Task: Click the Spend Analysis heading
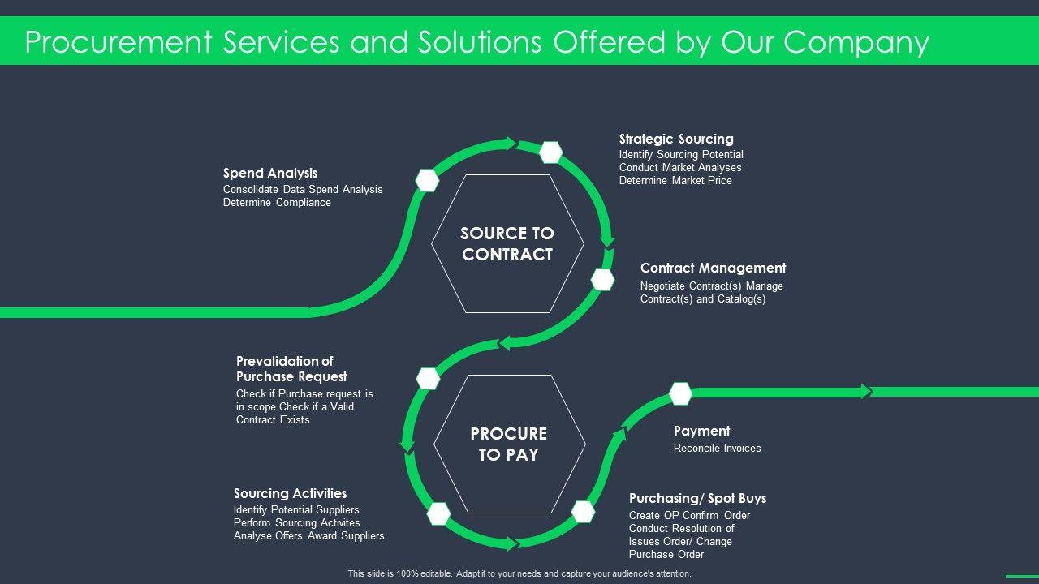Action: [x=270, y=173]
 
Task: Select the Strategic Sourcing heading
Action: [x=676, y=139]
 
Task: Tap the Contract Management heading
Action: [x=713, y=268]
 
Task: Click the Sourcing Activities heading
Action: [x=290, y=493]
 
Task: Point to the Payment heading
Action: [x=701, y=431]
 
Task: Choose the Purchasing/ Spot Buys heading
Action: [x=697, y=498]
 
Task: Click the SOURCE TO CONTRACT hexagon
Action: [x=507, y=243]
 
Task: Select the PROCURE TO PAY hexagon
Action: [x=509, y=444]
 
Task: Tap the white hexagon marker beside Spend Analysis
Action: [x=428, y=180]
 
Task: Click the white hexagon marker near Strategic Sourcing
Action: [x=551, y=152]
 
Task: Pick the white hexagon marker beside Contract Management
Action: [x=602, y=279]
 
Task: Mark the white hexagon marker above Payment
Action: [x=680, y=393]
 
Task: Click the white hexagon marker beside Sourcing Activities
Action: [x=438, y=513]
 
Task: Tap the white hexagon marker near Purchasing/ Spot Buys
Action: [x=583, y=511]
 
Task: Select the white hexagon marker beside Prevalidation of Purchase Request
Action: [x=428, y=378]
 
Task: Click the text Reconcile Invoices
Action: [x=717, y=448]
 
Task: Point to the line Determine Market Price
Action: [x=675, y=180]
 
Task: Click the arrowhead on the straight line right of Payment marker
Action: [x=865, y=391]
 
